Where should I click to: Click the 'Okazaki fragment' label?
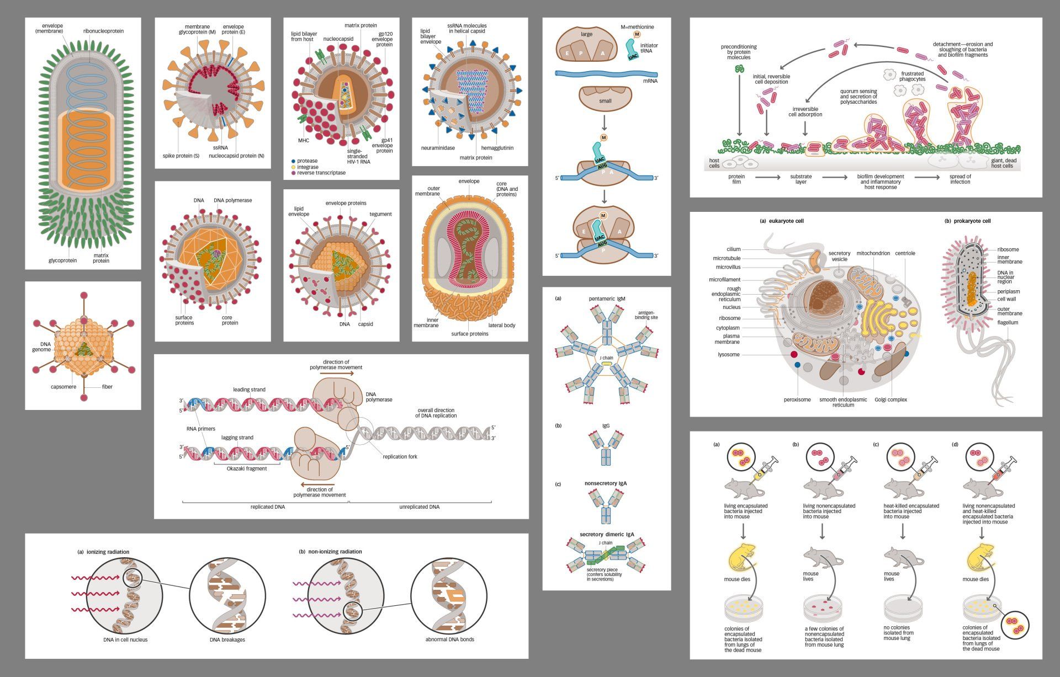pos(246,468)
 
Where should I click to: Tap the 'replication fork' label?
pos(400,456)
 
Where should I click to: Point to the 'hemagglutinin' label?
pos(497,148)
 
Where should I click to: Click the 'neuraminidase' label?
pos(438,148)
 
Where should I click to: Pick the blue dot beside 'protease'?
pos(293,161)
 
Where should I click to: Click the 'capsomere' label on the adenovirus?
pos(63,387)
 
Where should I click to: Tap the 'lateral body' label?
pos(501,325)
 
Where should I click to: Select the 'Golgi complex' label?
pos(891,399)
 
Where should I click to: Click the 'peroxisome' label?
pos(797,399)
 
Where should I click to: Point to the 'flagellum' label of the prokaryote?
pos(1008,322)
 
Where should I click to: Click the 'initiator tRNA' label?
pos(649,49)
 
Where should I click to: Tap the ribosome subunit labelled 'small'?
pos(605,101)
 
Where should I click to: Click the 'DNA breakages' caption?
pos(227,639)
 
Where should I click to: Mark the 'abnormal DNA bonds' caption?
pos(449,639)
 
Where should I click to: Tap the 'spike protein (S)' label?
pos(181,156)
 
